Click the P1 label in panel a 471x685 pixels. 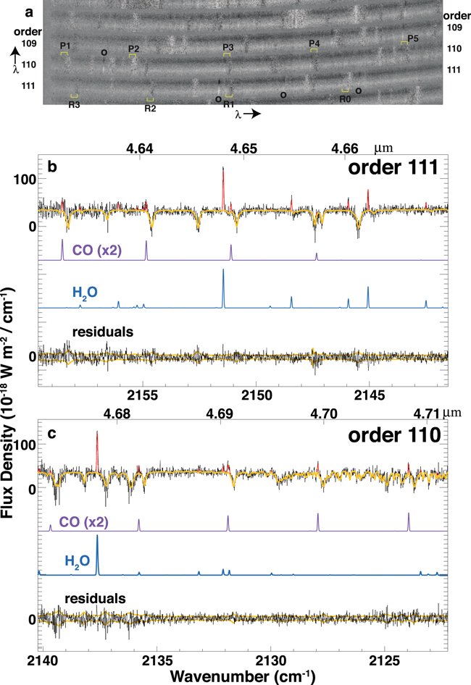click(64, 45)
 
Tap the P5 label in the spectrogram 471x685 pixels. click(413, 38)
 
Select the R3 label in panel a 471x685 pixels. click(75, 104)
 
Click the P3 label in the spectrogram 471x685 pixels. click(228, 47)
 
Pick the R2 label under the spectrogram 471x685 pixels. click(150, 109)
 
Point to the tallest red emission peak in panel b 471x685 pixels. click(222, 169)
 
